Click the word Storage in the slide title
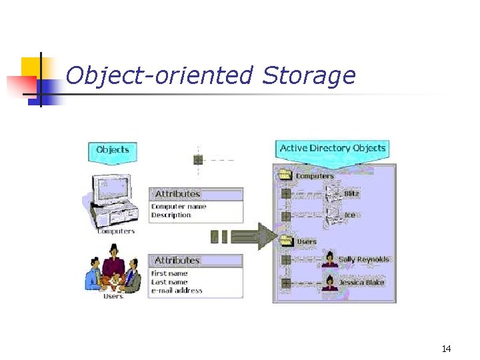[x=309, y=76]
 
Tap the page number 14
[x=446, y=349]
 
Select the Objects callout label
[x=112, y=150]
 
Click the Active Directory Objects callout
[x=333, y=148]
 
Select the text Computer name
[x=179, y=207]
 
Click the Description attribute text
[x=171, y=215]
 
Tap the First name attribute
[x=169, y=273]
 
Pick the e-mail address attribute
[x=177, y=291]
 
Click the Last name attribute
[x=169, y=282]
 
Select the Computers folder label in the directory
[x=314, y=177]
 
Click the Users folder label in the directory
[x=306, y=241]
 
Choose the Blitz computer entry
[x=351, y=194]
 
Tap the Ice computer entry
[x=349, y=215]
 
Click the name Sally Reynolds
[x=364, y=259]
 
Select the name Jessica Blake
[x=361, y=283]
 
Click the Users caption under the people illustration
[x=113, y=296]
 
